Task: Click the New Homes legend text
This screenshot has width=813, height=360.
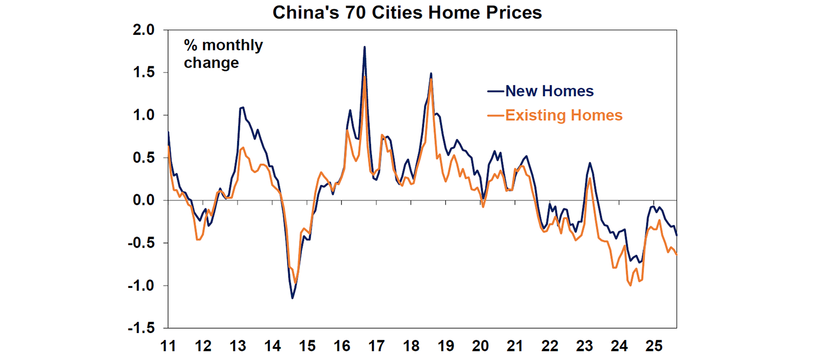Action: (x=549, y=91)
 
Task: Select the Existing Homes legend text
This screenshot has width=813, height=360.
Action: (x=564, y=115)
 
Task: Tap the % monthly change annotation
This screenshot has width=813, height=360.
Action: (x=223, y=54)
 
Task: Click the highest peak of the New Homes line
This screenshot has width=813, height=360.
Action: (x=365, y=47)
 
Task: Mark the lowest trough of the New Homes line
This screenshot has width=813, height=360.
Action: (x=292, y=298)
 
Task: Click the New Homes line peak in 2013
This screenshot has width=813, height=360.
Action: (x=243, y=107)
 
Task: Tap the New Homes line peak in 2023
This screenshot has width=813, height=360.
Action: (x=590, y=163)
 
